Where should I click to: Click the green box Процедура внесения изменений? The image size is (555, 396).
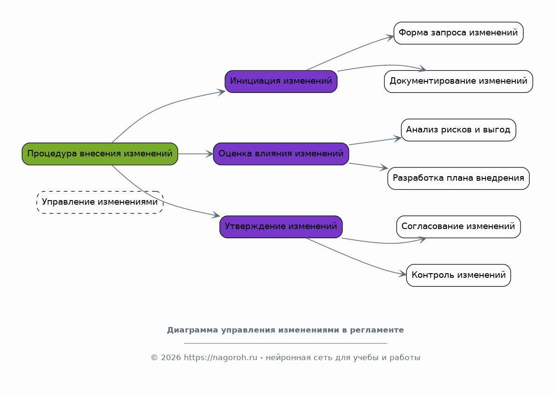(x=100, y=154)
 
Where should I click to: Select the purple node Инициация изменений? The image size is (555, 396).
(x=281, y=81)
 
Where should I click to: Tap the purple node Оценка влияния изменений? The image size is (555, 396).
(x=281, y=154)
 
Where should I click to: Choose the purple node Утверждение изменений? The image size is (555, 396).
(x=281, y=227)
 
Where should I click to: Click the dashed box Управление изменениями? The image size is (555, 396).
(x=100, y=202)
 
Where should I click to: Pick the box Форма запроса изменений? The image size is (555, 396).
(x=458, y=33)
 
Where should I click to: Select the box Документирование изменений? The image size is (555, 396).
(x=458, y=81)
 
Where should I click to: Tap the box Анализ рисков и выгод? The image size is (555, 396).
(x=458, y=130)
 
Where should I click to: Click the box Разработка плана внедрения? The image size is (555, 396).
(x=458, y=178)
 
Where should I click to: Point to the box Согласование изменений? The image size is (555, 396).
(x=458, y=227)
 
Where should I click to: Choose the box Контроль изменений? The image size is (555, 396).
(x=458, y=275)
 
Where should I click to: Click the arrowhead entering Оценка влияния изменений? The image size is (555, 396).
(x=210, y=154)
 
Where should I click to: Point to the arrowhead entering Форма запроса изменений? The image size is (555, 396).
(x=390, y=37)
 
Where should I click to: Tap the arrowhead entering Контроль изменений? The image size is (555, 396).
(x=402, y=274)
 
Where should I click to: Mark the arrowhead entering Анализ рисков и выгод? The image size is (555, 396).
(x=398, y=138)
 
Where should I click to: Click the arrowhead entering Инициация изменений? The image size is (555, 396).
(x=221, y=92)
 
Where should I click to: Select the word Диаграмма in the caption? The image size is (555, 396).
(x=193, y=330)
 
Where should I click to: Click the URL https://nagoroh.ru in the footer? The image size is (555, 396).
(x=221, y=357)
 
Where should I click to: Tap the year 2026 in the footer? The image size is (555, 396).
(x=171, y=357)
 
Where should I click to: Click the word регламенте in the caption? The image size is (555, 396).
(x=377, y=331)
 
